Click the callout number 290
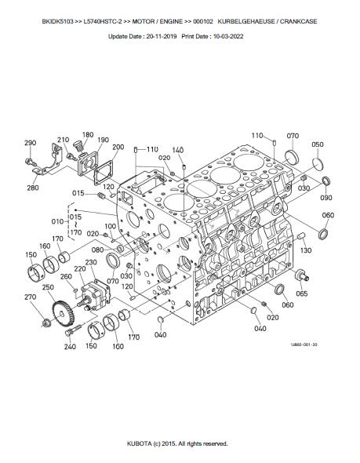pyautogui.click(x=30, y=143)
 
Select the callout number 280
pyautogui.click(x=33, y=188)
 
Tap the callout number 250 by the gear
pyautogui.click(x=48, y=287)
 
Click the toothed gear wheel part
pyautogui.click(x=64, y=314)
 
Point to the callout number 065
pyautogui.click(x=302, y=293)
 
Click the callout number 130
pyautogui.click(x=306, y=250)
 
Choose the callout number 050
pyautogui.click(x=318, y=144)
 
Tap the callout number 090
pyautogui.click(x=326, y=198)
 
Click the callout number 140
pyautogui.click(x=178, y=150)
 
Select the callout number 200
pyautogui.click(x=118, y=147)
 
